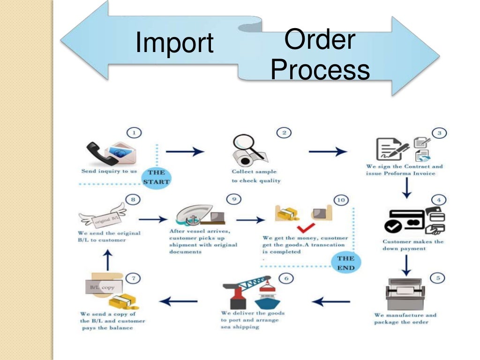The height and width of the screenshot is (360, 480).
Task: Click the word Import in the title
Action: pyautogui.click(x=174, y=43)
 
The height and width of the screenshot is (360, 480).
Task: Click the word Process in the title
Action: pyautogui.click(x=320, y=70)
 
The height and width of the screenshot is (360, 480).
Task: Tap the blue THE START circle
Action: pyautogui.click(x=157, y=177)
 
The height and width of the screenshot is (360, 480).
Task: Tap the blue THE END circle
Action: pyautogui.click(x=345, y=263)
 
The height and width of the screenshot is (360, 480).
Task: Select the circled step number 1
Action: pyautogui.click(x=135, y=133)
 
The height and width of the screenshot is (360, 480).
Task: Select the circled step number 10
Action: pyautogui.click(x=341, y=200)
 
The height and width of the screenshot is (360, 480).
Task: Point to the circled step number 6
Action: pyautogui.click(x=286, y=278)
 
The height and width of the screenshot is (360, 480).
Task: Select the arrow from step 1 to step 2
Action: pyautogui.click(x=185, y=151)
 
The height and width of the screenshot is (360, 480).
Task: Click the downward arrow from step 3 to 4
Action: pyautogui.click(x=407, y=188)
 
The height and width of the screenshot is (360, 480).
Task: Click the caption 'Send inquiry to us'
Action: pyautogui.click(x=109, y=171)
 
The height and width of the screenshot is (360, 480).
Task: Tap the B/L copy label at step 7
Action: pyautogui.click(x=102, y=287)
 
